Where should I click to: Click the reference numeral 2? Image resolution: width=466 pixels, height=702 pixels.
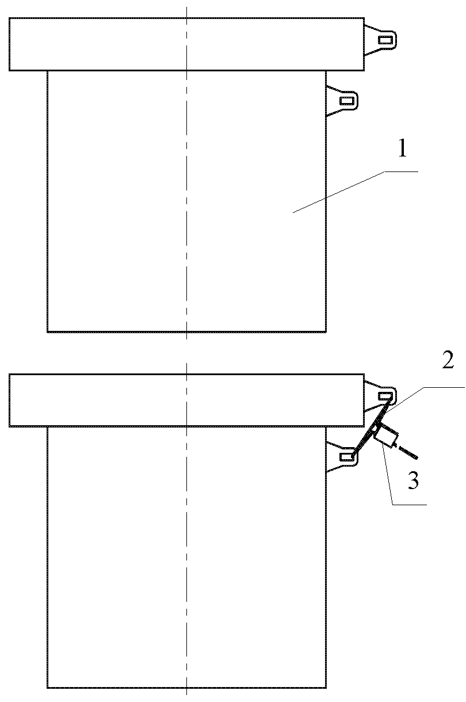click(448, 361)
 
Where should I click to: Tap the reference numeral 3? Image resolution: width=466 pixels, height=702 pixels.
click(413, 480)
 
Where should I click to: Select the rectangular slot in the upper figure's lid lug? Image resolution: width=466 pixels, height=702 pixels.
click(385, 40)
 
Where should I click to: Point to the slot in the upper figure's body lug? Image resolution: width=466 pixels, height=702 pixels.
click(347, 101)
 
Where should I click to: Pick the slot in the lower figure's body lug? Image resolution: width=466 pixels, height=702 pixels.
click(346, 457)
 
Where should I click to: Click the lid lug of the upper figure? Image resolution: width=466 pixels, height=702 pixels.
click(380, 40)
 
